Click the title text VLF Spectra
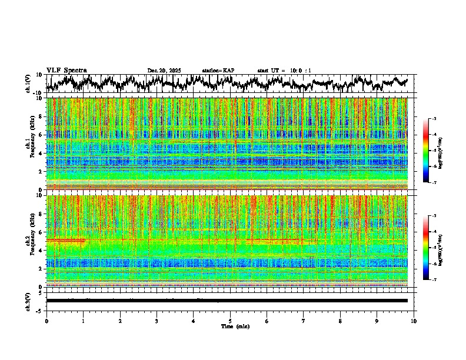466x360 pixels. pos(66,70)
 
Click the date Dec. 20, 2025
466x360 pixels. pos(164,71)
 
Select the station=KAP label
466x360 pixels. pos(218,71)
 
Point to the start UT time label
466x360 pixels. pos(284,71)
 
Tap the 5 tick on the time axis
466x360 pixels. pos(230,321)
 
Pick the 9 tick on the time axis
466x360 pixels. pos(377,321)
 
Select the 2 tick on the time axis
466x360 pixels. pos(120,321)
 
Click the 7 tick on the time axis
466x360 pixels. pos(304,321)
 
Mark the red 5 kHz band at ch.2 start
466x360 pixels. pos(65,241)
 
